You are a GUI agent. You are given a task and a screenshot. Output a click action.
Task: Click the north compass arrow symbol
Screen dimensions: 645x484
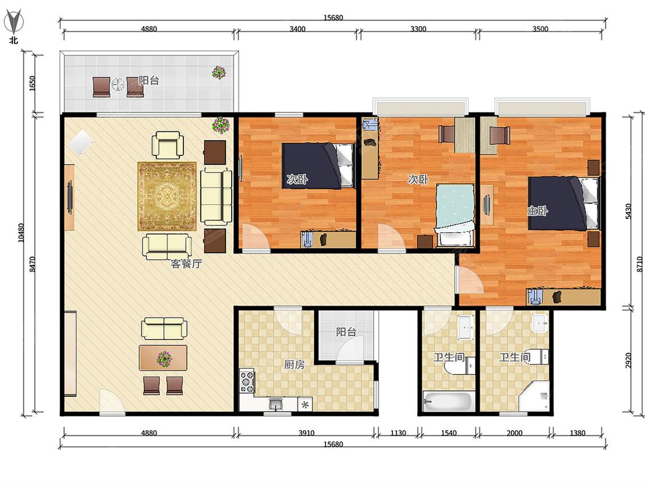point(13,22)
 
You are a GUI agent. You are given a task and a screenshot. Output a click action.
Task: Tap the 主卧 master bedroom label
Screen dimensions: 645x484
point(537,210)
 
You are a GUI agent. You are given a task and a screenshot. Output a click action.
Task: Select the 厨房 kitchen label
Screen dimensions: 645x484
point(295,365)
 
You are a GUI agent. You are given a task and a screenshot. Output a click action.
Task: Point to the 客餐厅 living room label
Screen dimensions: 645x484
point(186,264)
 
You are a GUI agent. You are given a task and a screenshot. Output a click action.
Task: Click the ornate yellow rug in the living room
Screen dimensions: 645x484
point(167,196)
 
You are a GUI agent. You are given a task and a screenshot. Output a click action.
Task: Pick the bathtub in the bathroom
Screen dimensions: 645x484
point(449,401)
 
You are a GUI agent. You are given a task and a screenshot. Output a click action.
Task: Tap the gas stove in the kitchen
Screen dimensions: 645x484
point(247,382)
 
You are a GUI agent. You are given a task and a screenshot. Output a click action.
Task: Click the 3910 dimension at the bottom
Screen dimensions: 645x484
point(306,433)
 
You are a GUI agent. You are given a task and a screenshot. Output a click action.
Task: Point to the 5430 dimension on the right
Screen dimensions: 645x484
point(628,211)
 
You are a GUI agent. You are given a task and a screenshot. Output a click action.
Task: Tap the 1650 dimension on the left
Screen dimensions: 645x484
point(33,84)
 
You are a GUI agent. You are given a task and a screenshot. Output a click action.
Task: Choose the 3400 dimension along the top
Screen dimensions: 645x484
point(298,29)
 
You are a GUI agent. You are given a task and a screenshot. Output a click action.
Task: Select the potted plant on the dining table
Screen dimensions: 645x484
point(165,358)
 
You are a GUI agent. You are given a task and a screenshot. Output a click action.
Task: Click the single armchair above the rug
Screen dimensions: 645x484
point(167,145)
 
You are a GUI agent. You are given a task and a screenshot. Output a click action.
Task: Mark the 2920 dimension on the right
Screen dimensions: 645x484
point(628,361)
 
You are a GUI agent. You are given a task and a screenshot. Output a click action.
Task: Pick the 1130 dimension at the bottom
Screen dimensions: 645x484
point(398,433)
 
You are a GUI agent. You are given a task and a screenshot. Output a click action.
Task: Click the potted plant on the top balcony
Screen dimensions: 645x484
point(219,72)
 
